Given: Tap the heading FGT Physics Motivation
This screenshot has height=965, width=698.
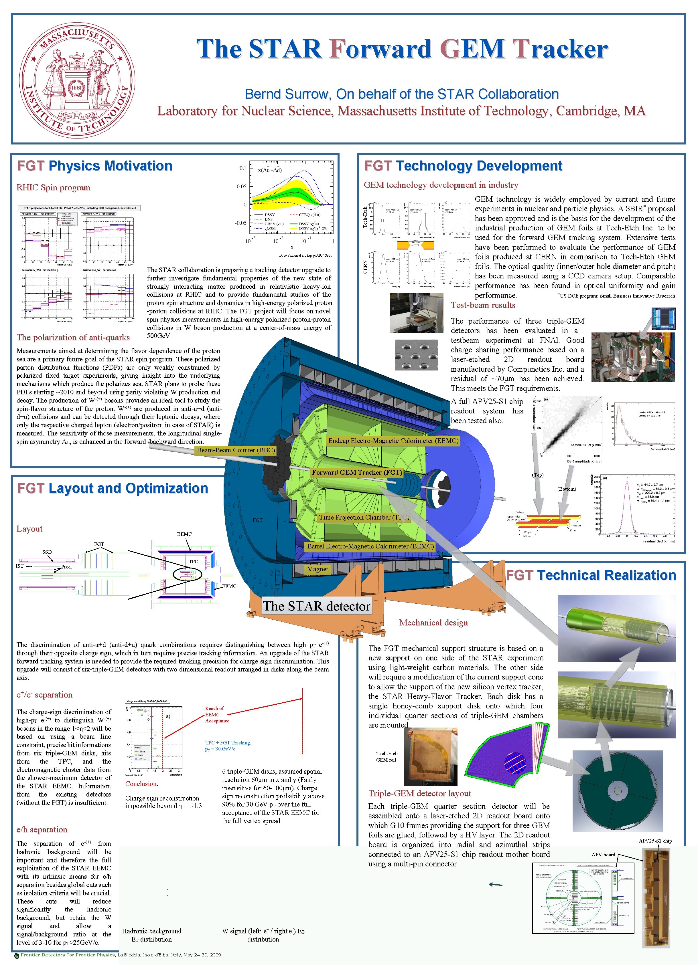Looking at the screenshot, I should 94,166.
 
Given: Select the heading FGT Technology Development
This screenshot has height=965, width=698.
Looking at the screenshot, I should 463,166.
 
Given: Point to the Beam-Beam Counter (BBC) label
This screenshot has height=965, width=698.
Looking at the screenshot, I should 236,450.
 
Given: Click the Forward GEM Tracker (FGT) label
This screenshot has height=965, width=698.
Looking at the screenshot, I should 357,472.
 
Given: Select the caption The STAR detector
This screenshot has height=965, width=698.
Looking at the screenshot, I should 316,606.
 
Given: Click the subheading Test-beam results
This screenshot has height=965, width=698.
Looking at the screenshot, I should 483,305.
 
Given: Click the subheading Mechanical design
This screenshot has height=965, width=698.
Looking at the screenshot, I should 433,623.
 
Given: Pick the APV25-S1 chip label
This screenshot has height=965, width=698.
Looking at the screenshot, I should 655,841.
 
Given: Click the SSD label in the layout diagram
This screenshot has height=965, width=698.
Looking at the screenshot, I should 47,552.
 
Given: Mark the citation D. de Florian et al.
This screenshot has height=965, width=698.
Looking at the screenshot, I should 305,255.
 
